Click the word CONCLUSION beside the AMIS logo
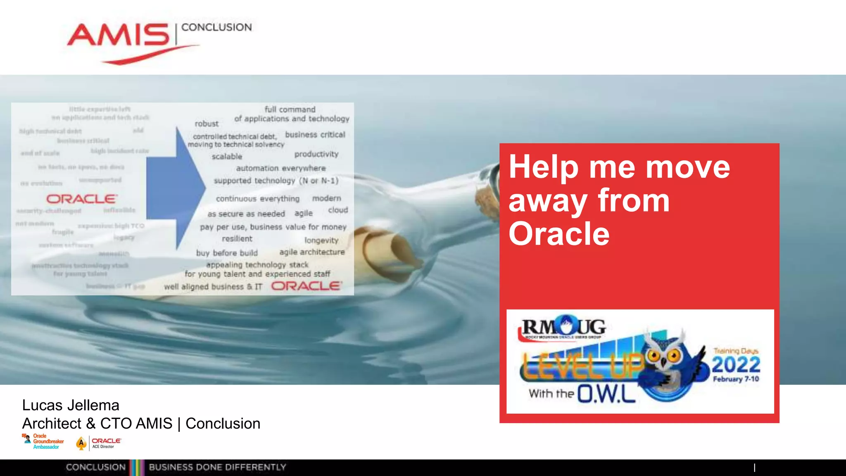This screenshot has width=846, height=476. pos(216,27)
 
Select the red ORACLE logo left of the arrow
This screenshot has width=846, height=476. pos(82,199)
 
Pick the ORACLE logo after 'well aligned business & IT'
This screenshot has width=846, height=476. pos(307,286)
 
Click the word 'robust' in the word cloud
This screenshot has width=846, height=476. pos(207,124)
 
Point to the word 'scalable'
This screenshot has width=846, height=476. pos(227,157)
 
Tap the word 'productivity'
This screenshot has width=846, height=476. pos(316,154)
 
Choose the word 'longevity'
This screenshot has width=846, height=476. pos(321,240)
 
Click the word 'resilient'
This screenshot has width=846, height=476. pos(237,239)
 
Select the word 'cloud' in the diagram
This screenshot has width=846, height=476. pos(338,210)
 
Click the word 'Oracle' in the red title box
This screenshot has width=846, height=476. pos(559,234)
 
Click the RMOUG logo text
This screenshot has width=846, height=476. pos(563,327)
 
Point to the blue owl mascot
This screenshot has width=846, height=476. pos(671,364)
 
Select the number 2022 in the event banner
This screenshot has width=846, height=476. pos(736,365)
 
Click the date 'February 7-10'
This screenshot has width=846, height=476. pos(736,379)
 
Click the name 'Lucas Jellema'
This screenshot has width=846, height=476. pos(71,405)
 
